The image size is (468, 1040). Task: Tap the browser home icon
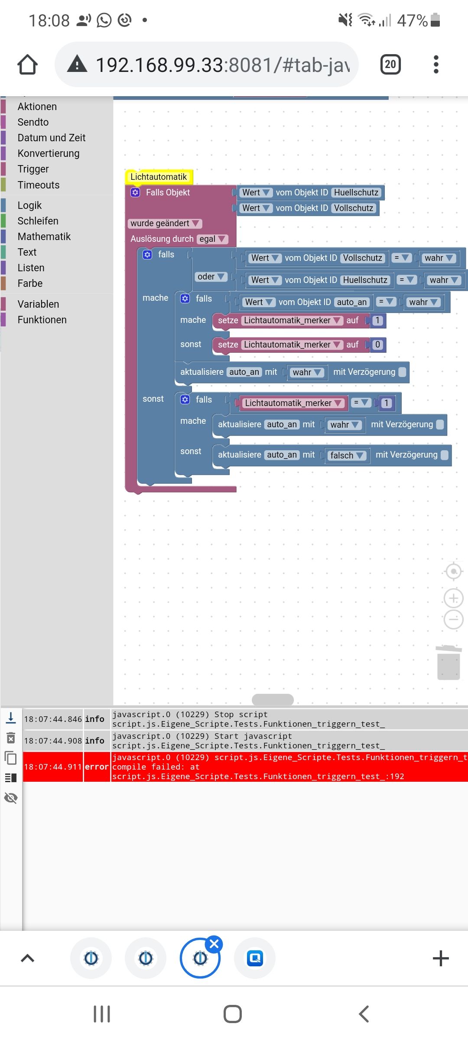coord(27,65)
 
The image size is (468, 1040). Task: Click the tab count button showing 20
coord(390,65)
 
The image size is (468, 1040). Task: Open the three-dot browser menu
coord(436,65)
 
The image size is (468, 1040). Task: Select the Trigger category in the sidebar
coord(33,169)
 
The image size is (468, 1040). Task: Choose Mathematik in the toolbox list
coord(44,237)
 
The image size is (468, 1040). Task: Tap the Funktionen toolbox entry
coord(42,320)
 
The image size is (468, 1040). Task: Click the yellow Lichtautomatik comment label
coord(159,177)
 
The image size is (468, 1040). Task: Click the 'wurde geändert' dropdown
coord(165,223)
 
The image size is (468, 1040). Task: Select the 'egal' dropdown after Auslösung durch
coord(212,239)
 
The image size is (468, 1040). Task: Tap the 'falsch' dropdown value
coord(347,455)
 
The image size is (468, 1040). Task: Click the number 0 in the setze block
coord(377,344)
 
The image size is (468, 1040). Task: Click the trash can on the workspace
coord(448,663)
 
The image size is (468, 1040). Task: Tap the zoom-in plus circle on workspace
coord(453,598)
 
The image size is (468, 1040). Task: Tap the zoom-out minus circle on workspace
coord(453,620)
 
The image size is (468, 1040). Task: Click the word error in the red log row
coord(96,767)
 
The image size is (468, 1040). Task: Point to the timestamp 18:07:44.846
coord(53,719)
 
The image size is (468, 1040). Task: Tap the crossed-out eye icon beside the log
coord(11,798)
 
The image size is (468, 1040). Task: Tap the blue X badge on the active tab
coord(214,943)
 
